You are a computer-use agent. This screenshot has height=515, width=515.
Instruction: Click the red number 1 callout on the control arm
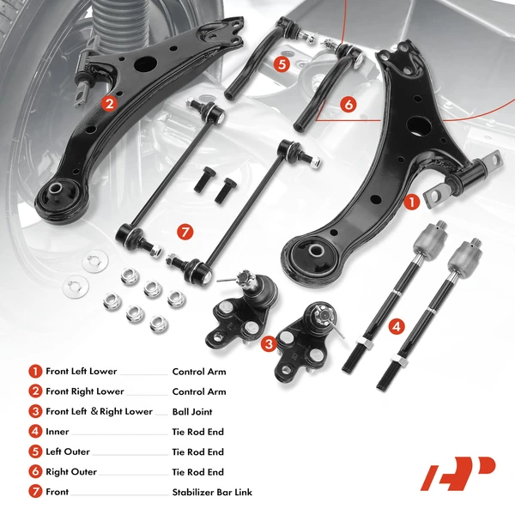coord(411,203)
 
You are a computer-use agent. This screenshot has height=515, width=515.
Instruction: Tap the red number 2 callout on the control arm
coord(108,104)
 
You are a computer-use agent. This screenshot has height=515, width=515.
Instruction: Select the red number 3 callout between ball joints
coord(270,344)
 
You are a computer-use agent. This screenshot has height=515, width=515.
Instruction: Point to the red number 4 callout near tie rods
coord(395,326)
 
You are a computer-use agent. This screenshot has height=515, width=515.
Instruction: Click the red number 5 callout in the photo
coord(282,63)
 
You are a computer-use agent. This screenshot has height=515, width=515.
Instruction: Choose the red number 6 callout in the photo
coord(347,104)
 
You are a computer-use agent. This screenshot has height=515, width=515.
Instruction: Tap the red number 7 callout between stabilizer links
coord(184,232)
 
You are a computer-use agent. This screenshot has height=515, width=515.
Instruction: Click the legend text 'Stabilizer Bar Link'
coord(212,493)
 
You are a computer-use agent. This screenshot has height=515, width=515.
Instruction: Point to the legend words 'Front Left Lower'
coord(81,372)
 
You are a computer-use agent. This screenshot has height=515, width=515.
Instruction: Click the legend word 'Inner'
coord(57,432)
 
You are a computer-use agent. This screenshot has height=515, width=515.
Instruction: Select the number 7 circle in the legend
coord(35,493)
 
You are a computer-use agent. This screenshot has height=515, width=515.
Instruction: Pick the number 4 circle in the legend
coord(35,432)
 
